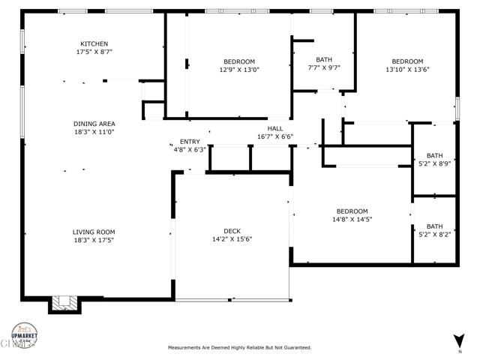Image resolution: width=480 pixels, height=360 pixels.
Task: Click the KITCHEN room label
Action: point(94,43)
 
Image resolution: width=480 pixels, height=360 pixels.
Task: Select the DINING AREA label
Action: point(94,124)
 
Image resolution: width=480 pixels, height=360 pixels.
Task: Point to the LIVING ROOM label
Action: point(94,232)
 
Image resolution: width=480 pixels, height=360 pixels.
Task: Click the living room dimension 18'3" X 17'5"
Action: point(94,241)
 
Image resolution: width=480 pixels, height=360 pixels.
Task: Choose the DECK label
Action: point(232,231)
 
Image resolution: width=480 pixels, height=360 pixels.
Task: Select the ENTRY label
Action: point(190,141)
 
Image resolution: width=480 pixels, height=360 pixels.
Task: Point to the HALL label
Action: point(275,127)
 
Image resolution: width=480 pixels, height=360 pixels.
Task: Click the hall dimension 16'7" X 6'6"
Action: point(275,136)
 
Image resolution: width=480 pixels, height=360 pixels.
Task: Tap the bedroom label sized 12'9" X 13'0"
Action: point(239,61)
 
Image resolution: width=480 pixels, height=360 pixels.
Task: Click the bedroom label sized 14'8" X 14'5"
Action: point(352,211)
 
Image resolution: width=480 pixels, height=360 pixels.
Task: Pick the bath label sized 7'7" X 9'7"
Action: point(324,59)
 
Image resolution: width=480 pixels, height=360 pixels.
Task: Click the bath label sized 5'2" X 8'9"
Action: point(435,156)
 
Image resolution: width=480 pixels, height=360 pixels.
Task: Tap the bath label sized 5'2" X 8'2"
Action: point(435,226)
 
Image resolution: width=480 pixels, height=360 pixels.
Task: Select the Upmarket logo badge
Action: point(25,335)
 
